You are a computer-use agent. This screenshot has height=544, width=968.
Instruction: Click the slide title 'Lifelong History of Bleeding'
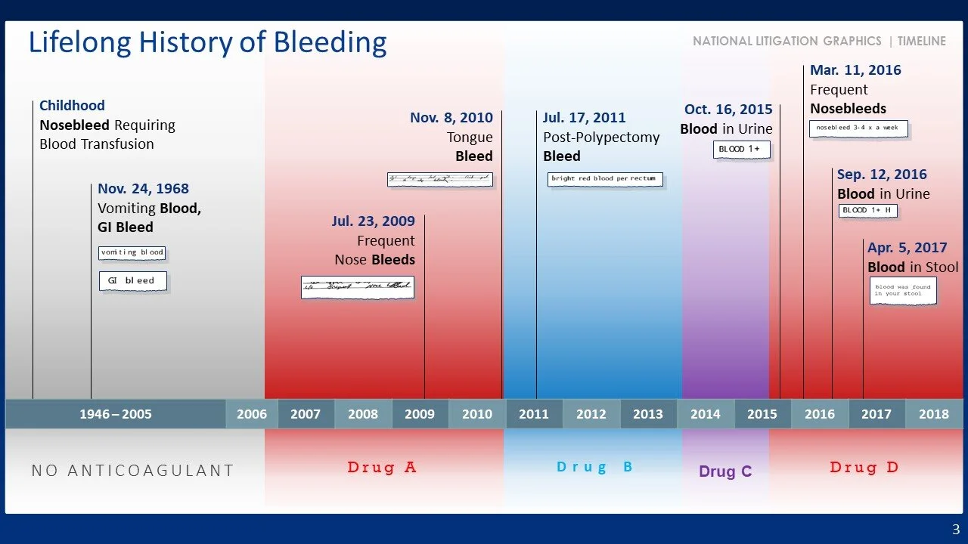point(207,43)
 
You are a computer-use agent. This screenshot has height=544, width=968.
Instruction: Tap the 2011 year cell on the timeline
point(534,414)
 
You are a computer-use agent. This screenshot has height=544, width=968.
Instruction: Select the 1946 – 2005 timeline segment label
point(116,414)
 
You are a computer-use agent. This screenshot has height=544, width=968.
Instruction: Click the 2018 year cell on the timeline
point(933,414)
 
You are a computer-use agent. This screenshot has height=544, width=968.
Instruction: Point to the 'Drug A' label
point(382,468)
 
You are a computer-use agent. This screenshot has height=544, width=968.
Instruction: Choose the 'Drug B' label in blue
point(594,468)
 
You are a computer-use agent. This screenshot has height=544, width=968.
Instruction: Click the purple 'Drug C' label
point(725,471)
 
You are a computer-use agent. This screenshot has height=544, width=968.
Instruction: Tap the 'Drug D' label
point(864,468)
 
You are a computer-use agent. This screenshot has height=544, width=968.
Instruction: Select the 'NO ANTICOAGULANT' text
point(133,471)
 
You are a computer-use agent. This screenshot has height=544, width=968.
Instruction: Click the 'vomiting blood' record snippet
point(132,252)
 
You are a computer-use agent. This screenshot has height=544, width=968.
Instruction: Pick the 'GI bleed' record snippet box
point(132,280)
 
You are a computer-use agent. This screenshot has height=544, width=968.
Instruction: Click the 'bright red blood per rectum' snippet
point(605,179)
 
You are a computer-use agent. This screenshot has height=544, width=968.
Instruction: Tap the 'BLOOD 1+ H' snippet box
point(867,211)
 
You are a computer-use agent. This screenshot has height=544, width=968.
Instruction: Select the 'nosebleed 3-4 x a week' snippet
point(858,128)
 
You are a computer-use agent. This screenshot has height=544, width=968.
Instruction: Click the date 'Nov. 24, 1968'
point(143,189)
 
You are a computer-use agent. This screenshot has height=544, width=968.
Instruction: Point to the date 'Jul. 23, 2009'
point(373,221)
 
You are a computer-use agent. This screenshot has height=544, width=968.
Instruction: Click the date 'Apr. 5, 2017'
point(907,248)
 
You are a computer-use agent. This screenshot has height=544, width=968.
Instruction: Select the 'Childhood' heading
point(72,106)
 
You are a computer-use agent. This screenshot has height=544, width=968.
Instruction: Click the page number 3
point(955,529)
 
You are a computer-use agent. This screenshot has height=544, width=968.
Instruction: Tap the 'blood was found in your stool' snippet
point(903,290)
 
